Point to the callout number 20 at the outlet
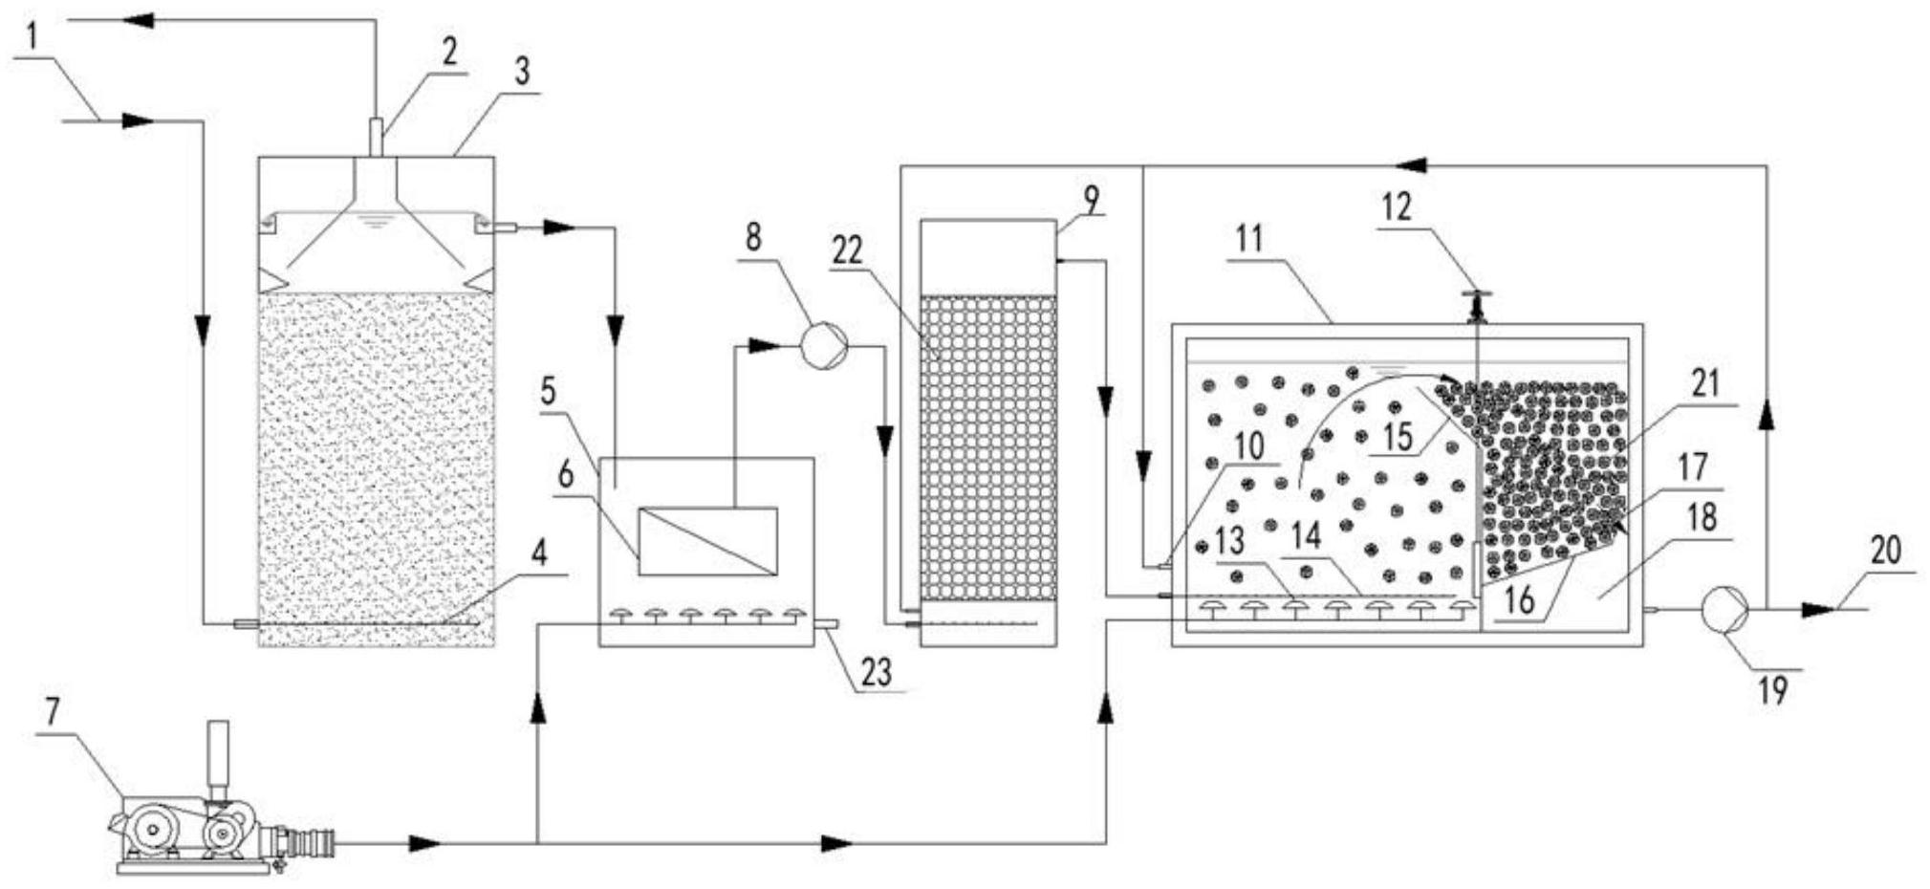[1885, 552]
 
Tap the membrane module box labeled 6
[707, 541]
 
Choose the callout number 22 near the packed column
[847, 250]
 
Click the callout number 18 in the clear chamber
[1702, 518]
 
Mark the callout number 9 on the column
[1091, 200]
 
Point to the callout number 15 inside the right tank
[1398, 437]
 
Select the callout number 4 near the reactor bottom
[539, 553]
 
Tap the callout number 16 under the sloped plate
[1518, 599]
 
